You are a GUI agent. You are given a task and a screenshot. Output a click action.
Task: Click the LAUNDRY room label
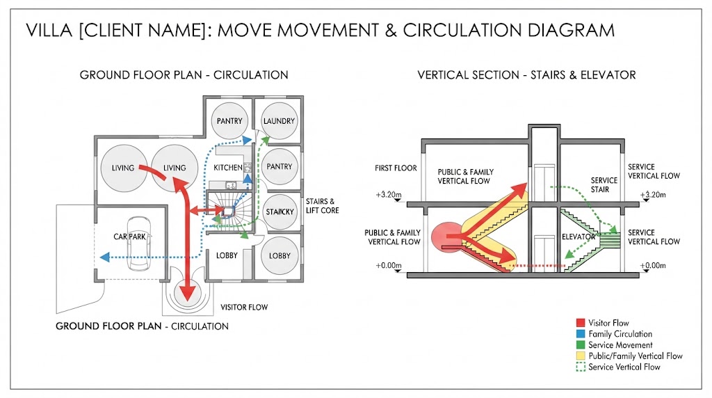pyautogui.click(x=279, y=121)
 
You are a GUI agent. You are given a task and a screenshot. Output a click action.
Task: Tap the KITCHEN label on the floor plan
pyautogui.click(x=228, y=168)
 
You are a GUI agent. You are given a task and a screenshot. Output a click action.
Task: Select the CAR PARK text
pyautogui.click(x=130, y=237)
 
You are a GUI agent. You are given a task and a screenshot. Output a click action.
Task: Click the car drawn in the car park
pyautogui.click(x=139, y=243)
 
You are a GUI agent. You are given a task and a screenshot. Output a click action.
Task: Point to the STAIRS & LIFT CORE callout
pyautogui.click(x=322, y=206)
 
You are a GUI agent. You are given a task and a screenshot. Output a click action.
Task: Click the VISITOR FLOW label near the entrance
pyautogui.click(x=244, y=307)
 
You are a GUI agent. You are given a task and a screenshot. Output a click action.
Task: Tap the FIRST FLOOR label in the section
pyautogui.click(x=396, y=168)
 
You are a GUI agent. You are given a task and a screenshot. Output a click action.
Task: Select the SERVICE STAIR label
pyautogui.click(x=604, y=185)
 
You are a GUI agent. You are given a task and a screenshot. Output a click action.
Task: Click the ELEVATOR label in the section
pyautogui.click(x=578, y=237)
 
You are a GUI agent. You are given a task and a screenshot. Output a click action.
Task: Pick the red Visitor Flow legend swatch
pyautogui.click(x=581, y=323)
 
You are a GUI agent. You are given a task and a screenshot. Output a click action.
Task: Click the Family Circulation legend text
pyautogui.click(x=620, y=334)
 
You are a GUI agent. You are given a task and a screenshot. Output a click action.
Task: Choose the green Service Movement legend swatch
pyautogui.click(x=581, y=345)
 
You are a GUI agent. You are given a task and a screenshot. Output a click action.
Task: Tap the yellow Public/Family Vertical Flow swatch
pyautogui.click(x=581, y=356)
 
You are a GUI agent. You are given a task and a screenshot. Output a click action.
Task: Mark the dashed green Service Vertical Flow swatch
pyautogui.click(x=581, y=367)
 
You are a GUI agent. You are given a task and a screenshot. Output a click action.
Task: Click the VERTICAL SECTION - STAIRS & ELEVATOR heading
pyautogui.click(x=527, y=75)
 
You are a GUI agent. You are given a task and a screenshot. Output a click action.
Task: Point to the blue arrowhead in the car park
pyautogui.click(x=105, y=257)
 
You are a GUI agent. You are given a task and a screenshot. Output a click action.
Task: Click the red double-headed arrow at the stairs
pyautogui.click(x=207, y=210)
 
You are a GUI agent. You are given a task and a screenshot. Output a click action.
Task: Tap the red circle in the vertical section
pyautogui.click(x=448, y=237)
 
